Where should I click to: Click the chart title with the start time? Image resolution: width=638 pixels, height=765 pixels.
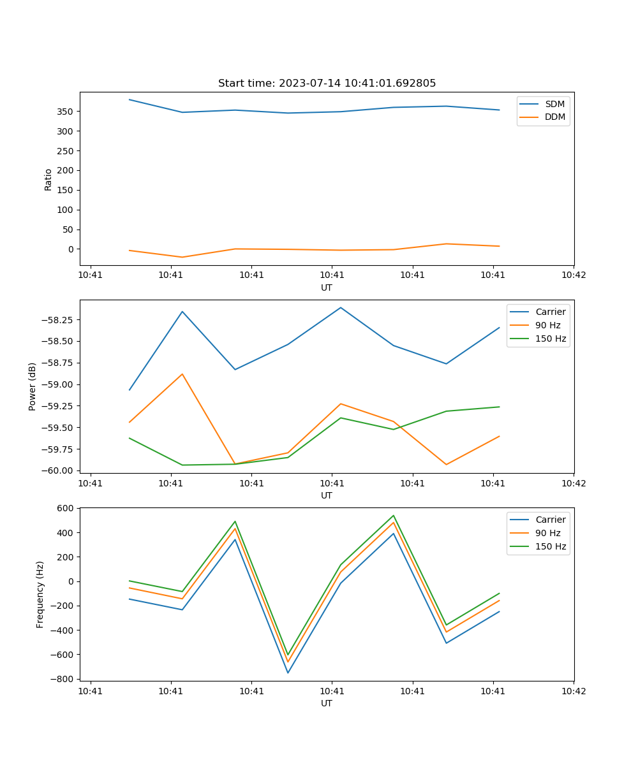tap(327, 84)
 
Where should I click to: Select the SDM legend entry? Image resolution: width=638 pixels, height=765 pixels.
tap(554, 104)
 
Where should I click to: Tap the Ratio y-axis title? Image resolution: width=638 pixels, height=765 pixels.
tap(48, 179)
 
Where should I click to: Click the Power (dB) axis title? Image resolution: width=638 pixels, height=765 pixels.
tap(33, 386)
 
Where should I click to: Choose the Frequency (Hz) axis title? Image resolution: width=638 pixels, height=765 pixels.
tap(40, 594)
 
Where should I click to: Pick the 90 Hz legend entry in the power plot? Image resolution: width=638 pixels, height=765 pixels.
tap(548, 325)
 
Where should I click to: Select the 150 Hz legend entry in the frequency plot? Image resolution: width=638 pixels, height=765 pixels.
tap(551, 546)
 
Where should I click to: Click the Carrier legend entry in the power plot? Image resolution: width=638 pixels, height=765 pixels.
tap(550, 312)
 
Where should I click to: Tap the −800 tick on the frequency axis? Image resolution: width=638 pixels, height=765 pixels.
tap(64, 679)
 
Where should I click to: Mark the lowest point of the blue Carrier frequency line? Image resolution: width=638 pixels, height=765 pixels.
tap(288, 673)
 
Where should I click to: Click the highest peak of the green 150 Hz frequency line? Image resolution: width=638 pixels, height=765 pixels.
tap(394, 515)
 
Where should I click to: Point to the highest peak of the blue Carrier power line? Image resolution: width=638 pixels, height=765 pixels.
tap(341, 307)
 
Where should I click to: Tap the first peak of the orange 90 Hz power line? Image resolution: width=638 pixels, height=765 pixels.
tap(182, 374)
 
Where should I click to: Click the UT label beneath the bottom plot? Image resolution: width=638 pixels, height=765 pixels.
tap(327, 703)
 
